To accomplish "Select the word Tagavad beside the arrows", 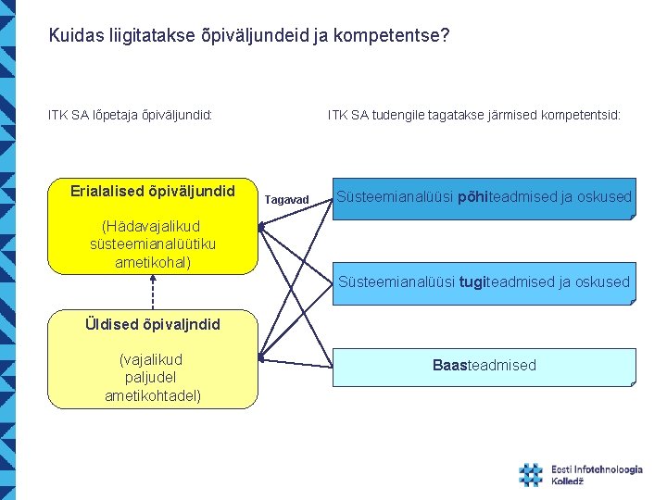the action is click(285, 200).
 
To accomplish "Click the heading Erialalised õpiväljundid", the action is click(153, 192).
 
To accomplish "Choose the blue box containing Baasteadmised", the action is click(485, 366).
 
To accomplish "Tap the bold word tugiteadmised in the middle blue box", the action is click(487, 281).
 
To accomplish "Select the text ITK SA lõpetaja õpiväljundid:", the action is click(131, 116).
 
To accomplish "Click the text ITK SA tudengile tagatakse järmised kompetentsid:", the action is click(473, 116).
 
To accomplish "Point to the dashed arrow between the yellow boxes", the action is click(152, 292).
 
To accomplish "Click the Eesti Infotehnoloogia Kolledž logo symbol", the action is click(531, 475).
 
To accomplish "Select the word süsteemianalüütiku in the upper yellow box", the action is click(153, 244).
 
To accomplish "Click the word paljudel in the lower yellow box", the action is click(151, 378).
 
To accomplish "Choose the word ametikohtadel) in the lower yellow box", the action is click(153, 396).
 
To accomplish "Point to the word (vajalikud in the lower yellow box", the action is click(152, 359).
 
